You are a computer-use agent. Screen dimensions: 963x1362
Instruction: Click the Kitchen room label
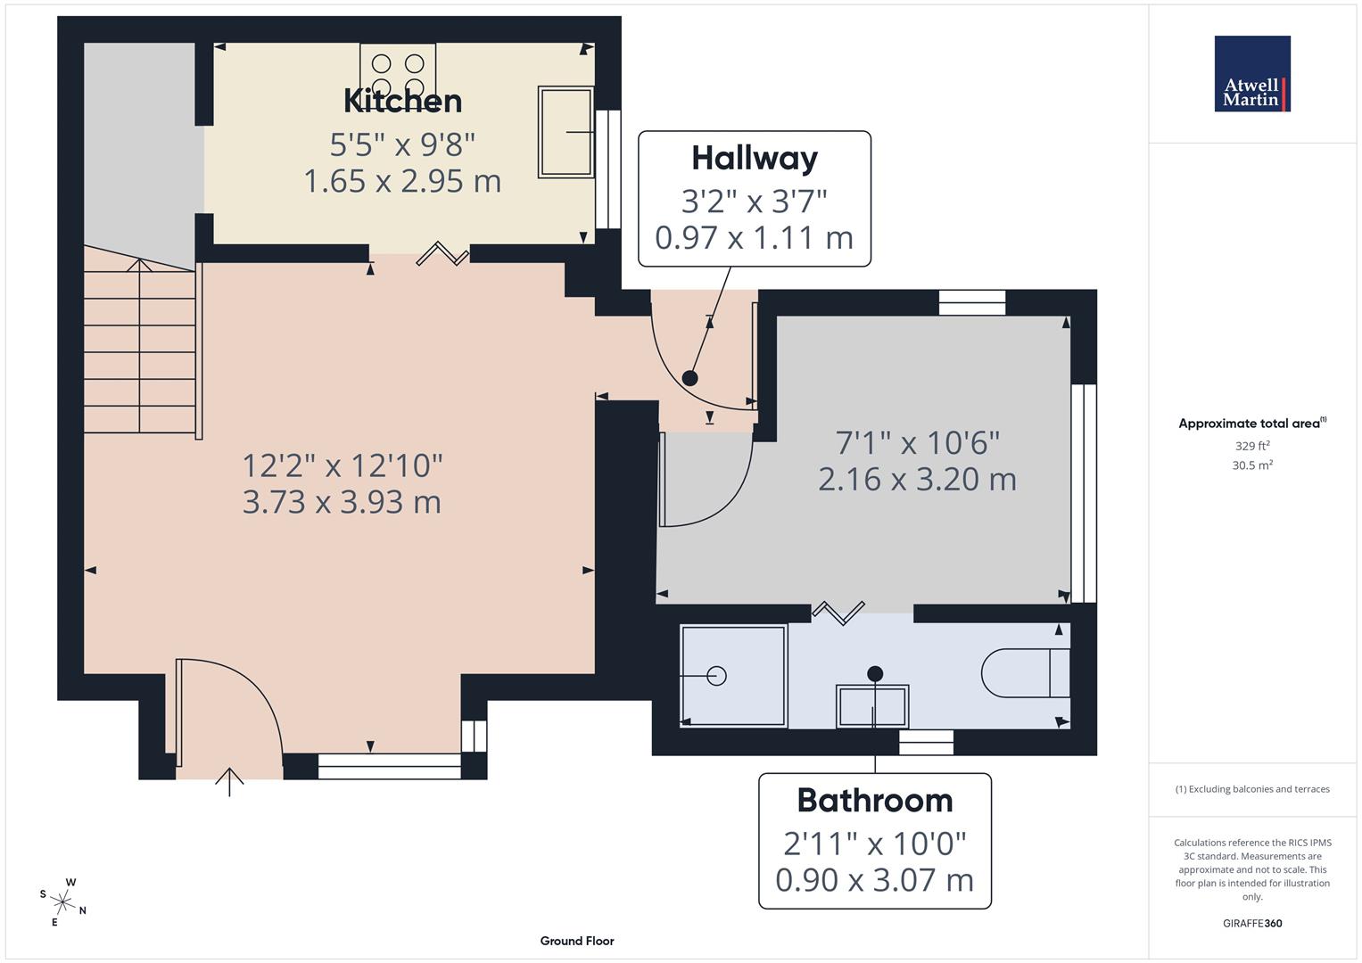402,101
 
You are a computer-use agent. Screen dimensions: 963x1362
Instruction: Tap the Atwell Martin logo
1251,74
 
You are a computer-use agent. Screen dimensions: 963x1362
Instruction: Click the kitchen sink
565,132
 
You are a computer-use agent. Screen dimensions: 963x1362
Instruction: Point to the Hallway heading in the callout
755,158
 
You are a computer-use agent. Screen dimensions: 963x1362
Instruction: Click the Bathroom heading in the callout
874,800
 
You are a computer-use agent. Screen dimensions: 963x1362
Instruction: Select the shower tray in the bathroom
733,675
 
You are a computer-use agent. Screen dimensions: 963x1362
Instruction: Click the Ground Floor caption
577,941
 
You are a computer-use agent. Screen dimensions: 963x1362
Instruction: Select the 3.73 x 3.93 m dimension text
342,502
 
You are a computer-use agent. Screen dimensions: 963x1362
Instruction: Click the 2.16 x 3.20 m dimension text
917,480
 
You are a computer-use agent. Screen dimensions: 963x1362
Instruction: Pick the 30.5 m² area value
1251,465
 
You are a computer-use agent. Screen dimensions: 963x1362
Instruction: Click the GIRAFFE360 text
1251,923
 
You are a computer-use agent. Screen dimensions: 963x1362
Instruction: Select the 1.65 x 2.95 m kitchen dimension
402,181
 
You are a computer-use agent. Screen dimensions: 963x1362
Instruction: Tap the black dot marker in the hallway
689,378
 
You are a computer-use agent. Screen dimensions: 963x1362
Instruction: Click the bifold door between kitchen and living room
444,254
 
